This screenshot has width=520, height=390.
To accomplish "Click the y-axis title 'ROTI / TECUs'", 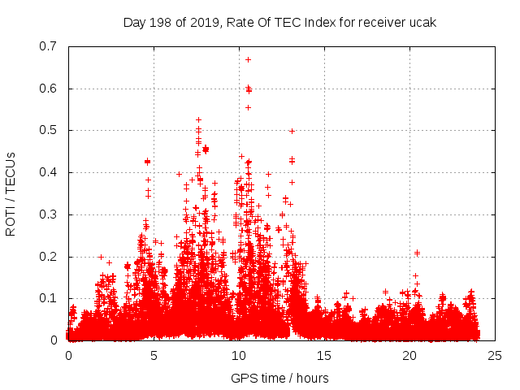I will click(x=11, y=193).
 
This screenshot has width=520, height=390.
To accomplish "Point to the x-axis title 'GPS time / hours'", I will click(x=279, y=378).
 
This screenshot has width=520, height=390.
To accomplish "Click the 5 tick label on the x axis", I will click(x=154, y=355).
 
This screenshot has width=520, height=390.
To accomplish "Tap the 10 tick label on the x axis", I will click(x=239, y=355).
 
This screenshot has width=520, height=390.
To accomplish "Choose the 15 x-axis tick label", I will click(x=324, y=355).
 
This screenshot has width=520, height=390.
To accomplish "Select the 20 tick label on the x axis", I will click(x=409, y=355).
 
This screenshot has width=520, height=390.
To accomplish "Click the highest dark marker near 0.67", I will click(x=249, y=59).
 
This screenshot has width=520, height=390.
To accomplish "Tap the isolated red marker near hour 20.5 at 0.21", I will click(x=417, y=253).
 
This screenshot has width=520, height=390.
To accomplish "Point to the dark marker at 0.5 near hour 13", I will click(x=292, y=131).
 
